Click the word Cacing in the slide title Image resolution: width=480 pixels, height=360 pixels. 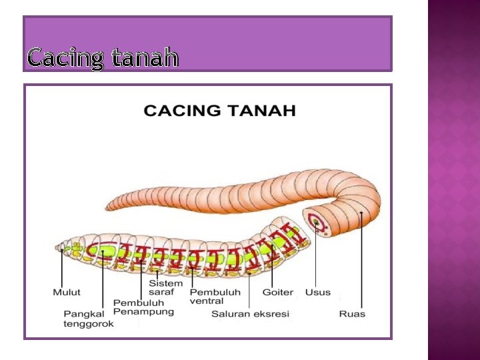tap(65, 59)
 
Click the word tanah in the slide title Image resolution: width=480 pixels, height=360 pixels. tap(145, 59)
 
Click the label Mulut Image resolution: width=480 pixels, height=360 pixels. tap(67, 292)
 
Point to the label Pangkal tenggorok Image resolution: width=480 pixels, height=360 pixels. tap(89, 318)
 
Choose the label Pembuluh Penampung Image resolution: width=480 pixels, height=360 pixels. tap(143, 307)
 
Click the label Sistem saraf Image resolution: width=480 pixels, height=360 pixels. tap(165, 288)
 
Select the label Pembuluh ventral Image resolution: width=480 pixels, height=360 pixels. tap(215, 296)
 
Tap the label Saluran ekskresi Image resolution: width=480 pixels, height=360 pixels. tap(250, 313)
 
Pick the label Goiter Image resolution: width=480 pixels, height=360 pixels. tap(277, 292)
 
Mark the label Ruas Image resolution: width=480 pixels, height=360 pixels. tap(352, 313)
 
